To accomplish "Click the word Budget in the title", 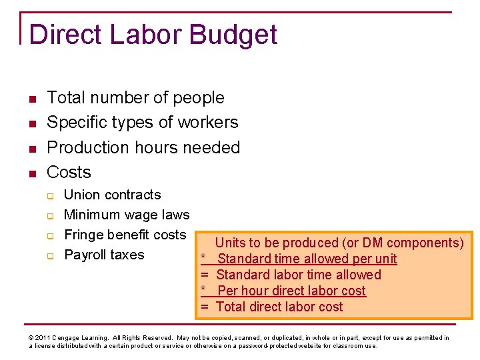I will coord(234,35).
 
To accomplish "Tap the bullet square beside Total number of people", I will coord(31,99).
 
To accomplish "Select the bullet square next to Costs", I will coord(31,173).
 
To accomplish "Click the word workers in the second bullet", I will coord(206,122).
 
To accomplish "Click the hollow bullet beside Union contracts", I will coord(49,195).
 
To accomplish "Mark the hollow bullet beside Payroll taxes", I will coord(49,255).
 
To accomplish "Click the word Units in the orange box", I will coord(230,243).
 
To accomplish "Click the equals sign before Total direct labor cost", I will coord(205,307).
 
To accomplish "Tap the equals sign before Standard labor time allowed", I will coord(205,275).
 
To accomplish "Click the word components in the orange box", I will coord(422,243).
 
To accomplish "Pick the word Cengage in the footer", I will coord(67,338).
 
